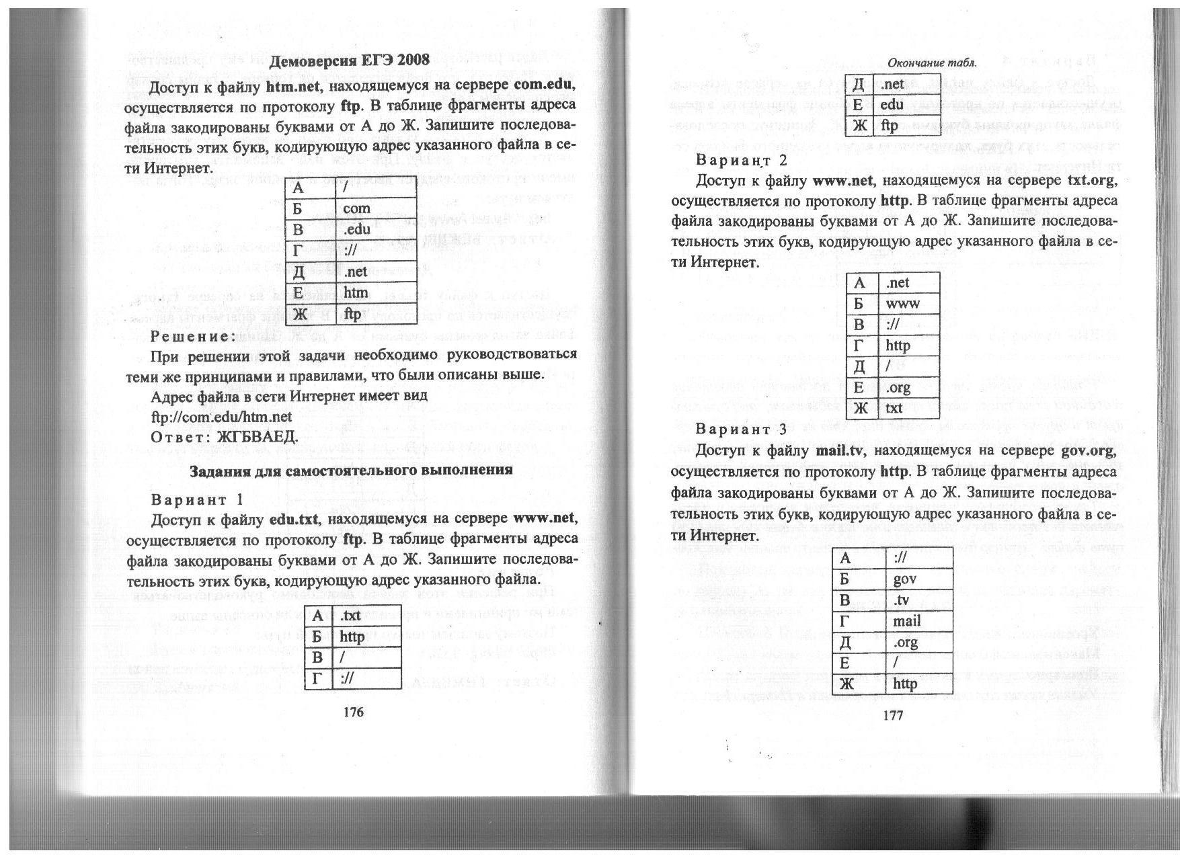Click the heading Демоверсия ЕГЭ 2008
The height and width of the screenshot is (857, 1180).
click(349, 60)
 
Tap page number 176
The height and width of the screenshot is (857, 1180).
click(353, 712)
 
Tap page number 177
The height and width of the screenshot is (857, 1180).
click(892, 715)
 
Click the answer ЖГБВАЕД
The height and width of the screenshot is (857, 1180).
click(256, 436)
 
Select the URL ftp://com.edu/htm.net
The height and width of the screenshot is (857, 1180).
click(222, 417)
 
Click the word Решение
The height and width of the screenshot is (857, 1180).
click(193, 335)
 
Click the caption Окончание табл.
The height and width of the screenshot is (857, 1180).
click(931, 63)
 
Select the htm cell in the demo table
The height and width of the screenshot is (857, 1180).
click(356, 292)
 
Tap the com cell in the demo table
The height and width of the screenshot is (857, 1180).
click(356, 208)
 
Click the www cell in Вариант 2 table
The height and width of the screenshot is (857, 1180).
click(902, 303)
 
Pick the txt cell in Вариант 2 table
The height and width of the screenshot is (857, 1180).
click(894, 408)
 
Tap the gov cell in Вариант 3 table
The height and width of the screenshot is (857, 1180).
click(904, 579)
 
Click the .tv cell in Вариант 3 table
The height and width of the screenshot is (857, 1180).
click(902, 600)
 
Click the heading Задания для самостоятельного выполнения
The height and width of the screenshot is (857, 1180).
click(351, 470)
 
